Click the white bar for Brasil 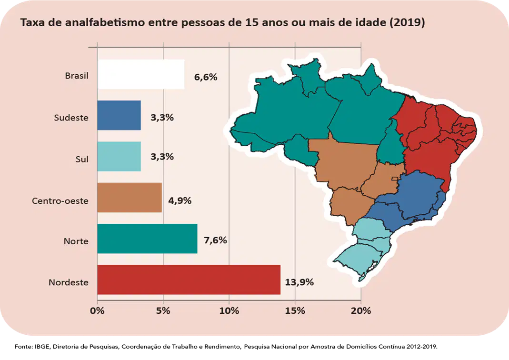click(x=140, y=74)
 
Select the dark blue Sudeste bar click(x=119, y=115)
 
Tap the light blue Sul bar click(x=119, y=157)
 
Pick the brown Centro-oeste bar click(x=130, y=197)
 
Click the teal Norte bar click(x=148, y=239)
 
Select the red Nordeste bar click(x=189, y=280)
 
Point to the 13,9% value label click(x=299, y=282)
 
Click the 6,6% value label click(x=206, y=77)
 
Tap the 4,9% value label click(x=180, y=200)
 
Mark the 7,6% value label click(x=215, y=240)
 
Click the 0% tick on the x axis click(x=97, y=310)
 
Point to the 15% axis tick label click(x=295, y=310)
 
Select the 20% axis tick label click(x=361, y=310)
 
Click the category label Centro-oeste click(x=60, y=200)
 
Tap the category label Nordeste click(x=69, y=282)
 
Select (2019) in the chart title click(x=407, y=22)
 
